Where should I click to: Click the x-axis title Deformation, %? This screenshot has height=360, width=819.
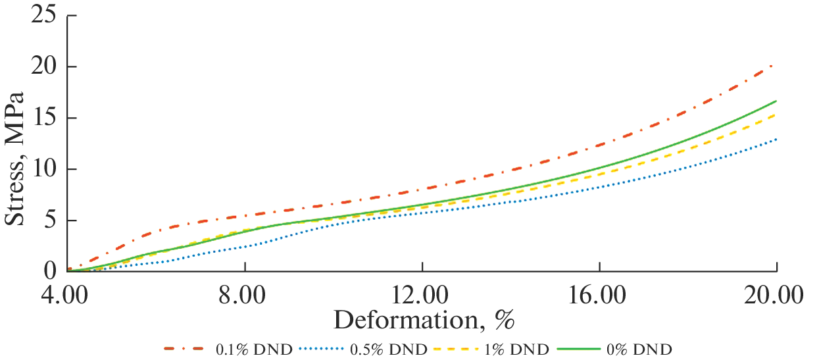424,321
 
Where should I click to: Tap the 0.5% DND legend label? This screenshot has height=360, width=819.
389,349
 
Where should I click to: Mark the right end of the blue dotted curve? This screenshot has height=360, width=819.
776,139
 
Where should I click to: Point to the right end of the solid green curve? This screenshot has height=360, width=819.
776,101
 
